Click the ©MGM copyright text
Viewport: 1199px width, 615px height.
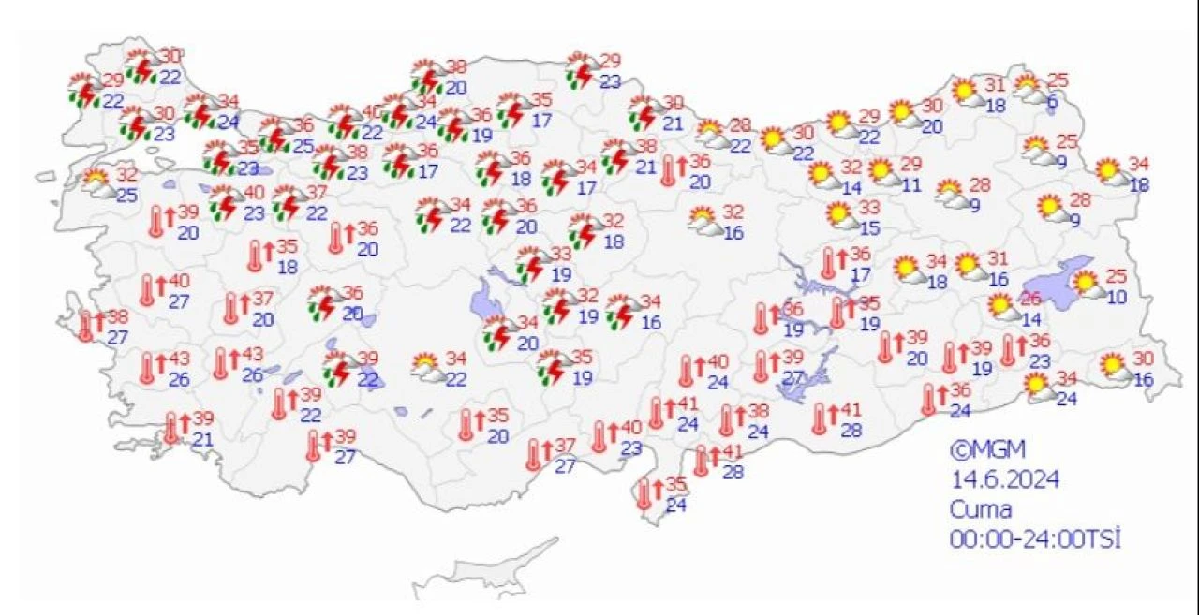coord(980,450)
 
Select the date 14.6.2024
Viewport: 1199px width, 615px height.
coord(1005,480)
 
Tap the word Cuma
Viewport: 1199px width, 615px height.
coord(981,510)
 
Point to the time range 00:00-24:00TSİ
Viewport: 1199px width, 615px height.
coord(1035,539)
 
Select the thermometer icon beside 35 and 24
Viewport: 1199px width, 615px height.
coord(644,493)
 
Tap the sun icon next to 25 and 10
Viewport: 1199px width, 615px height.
coord(1086,283)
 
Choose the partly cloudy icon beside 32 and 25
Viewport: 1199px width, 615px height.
coord(97,180)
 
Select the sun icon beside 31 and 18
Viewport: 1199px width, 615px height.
coord(965,92)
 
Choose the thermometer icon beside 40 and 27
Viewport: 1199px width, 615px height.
coord(148,290)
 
